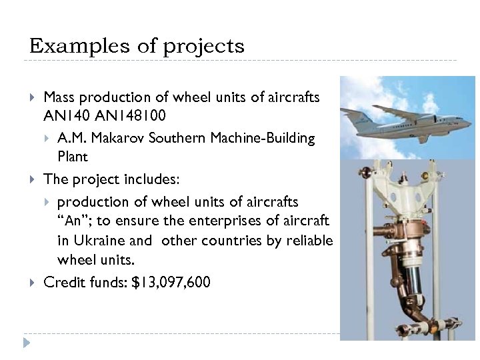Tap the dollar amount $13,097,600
tap(171, 282)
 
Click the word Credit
tap(62, 282)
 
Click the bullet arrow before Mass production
tap(33, 98)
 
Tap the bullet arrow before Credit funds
tap(33, 283)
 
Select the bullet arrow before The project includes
tap(33, 179)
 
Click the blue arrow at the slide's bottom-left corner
tap(26, 343)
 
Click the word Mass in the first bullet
tap(59, 98)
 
